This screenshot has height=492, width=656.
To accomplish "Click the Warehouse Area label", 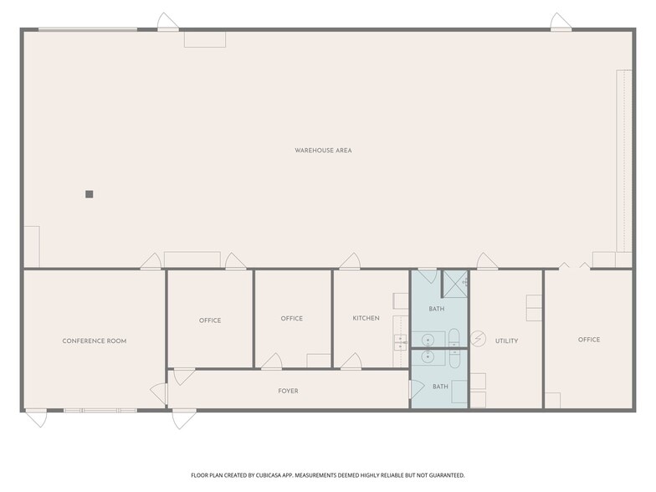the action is pyautogui.click(x=323, y=151).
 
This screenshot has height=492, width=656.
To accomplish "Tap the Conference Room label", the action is pyautogui.click(x=94, y=341).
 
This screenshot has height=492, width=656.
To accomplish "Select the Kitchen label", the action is pyautogui.click(x=366, y=318).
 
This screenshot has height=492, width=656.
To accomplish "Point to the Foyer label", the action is pyautogui.click(x=288, y=391).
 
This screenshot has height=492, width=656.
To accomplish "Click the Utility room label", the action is pyautogui.click(x=507, y=341).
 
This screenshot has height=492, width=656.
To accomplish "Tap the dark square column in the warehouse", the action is pyautogui.click(x=89, y=194).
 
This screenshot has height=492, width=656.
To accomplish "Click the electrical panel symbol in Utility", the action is pyautogui.click(x=479, y=338).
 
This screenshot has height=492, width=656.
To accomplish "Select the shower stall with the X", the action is pyautogui.click(x=455, y=284).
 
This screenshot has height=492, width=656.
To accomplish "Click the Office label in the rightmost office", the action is pyautogui.click(x=589, y=340).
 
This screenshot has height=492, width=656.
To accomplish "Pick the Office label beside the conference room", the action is pyautogui.click(x=210, y=320).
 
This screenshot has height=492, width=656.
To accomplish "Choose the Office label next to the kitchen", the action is pyautogui.click(x=291, y=318).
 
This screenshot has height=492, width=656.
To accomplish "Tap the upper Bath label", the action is pyautogui.click(x=437, y=309).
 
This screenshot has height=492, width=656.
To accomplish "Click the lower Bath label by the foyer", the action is pyautogui.click(x=440, y=387).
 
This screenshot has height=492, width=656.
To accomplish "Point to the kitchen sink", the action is pyautogui.click(x=400, y=342).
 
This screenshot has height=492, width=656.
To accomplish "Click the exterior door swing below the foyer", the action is pyautogui.click(x=184, y=420).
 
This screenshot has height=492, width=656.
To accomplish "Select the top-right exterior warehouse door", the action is pyautogui.click(x=561, y=22).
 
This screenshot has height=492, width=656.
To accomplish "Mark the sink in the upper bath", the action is pyautogui.click(x=428, y=339).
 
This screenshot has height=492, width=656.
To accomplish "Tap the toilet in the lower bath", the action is pyautogui.click(x=454, y=359).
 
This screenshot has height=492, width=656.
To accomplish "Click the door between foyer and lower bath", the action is pyautogui.click(x=417, y=388).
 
